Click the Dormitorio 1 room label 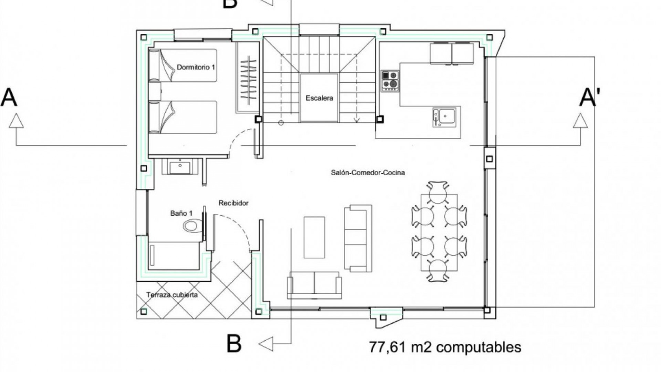tap(196, 67)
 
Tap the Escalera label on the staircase tap(319, 98)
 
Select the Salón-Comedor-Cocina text tap(368, 173)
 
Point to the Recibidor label tap(233, 203)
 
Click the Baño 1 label tap(181, 213)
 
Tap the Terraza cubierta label tap(172, 295)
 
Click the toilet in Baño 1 tap(193, 226)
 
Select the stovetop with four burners tap(390, 81)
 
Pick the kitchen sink tap(444, 117)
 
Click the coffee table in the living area tap(314, 237)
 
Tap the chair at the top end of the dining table tap(438, 192)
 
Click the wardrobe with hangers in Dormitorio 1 tap(248, 77)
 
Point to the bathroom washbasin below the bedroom tap(180, 167)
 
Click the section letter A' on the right tap(590, 97)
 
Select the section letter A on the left tap(9, 97)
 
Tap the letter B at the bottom tap(234, 343)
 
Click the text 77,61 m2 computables tap(445, 347)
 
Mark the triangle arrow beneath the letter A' tap(580, 121)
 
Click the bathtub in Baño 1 tap(175, 256)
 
